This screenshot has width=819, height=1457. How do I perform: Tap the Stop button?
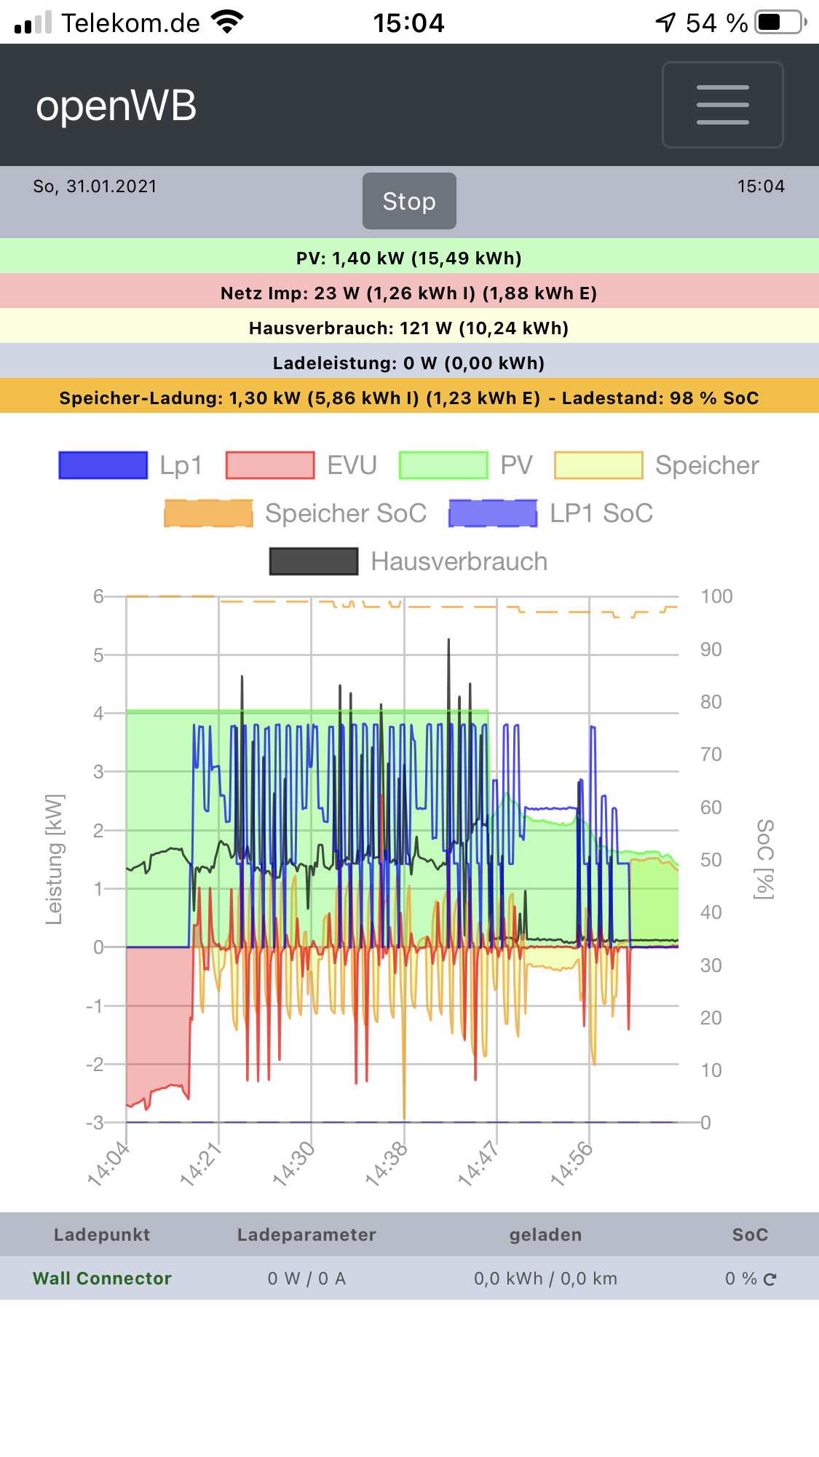coord(409,201)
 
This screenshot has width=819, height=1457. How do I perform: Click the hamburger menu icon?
coord(722,105)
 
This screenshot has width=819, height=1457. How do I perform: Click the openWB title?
coord(116,106)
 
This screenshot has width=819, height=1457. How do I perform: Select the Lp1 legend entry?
coord(130,465)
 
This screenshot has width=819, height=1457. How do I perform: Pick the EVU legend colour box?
coord(270,465)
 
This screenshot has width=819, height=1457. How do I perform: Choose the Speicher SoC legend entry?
coord(296,513)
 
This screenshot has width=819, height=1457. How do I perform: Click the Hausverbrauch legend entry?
coord(408,561)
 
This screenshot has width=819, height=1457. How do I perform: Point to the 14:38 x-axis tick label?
coord(386,1164)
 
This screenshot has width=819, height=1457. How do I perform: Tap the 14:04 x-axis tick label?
coord(108,1164)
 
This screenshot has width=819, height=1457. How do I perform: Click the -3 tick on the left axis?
coord(95,1122)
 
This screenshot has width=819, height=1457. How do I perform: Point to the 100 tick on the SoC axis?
coord(716,596)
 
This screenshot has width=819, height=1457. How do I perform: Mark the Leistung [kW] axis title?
coord(55,859)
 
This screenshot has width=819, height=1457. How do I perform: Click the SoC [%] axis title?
coord(764,859)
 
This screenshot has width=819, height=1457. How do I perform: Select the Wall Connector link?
coord(102,1278)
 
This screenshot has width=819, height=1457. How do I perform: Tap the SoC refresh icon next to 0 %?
coord(770,1279)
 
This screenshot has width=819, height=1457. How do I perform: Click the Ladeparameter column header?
coord(306,1234)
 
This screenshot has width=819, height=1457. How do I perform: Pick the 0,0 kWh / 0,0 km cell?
coord(545,1278)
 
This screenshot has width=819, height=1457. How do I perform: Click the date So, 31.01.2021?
coord(95,186)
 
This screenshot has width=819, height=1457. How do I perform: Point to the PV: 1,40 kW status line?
coord(409,258)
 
